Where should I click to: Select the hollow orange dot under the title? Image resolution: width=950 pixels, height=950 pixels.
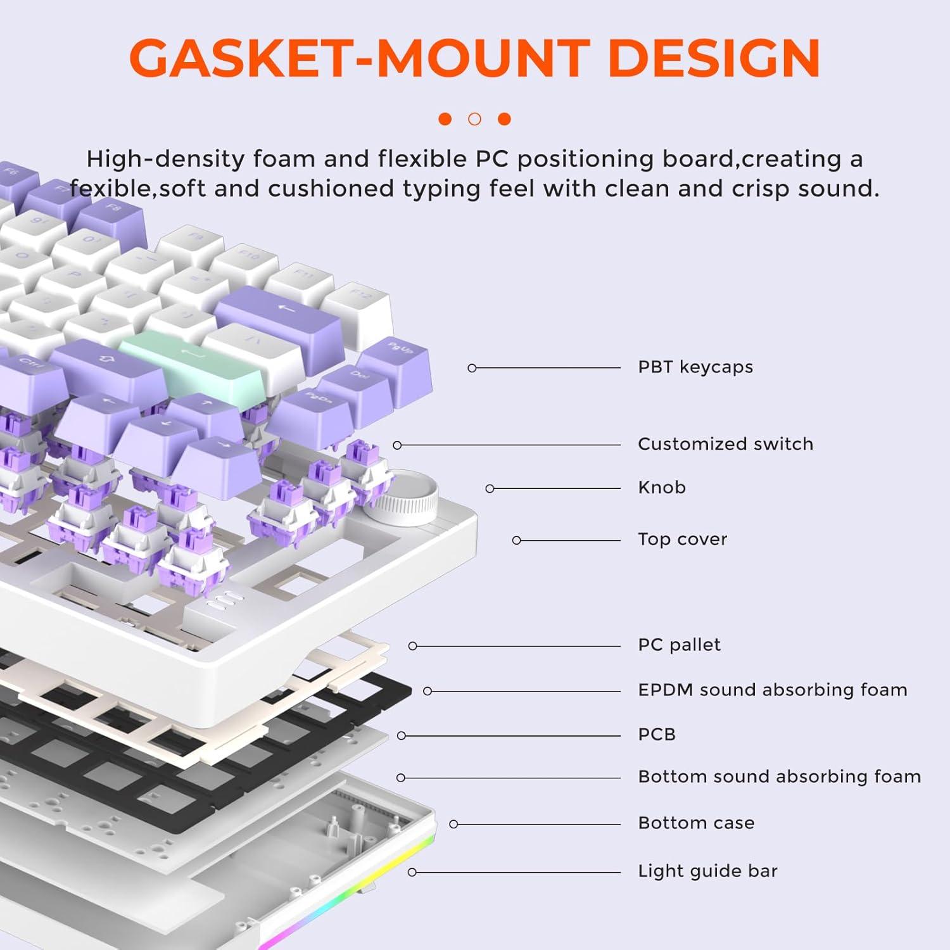pyautogui.click(x=474, y=119)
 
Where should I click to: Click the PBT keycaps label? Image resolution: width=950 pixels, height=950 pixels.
pyautogui.click(x=695, y=367)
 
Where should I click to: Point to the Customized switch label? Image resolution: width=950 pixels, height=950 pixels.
pyautogui.click(x=725, y=444)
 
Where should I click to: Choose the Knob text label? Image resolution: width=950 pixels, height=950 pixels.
pyautogui.click(x=662, y=488)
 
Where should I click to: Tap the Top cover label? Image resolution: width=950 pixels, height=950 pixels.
pyautogui.click(x=682, y=540)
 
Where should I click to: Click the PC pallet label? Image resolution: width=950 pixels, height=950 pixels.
pyautogui.click(x=679, y=645)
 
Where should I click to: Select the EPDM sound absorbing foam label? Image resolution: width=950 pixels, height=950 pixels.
pyautogui.click(x=772, y=690)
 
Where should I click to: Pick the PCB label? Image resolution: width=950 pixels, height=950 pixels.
pyautogui.click(x=657, y=735)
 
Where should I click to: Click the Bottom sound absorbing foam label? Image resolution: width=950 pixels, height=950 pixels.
pyautogui.click(x=779, y=777)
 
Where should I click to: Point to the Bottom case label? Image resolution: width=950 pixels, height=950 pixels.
pyautogui.click(x=696, y=823)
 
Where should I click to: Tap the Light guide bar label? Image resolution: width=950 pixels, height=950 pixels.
pyautogui.click(x=707, y=871)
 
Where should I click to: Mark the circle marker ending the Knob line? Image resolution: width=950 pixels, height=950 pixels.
pyautogui.click(x=490, y=488)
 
